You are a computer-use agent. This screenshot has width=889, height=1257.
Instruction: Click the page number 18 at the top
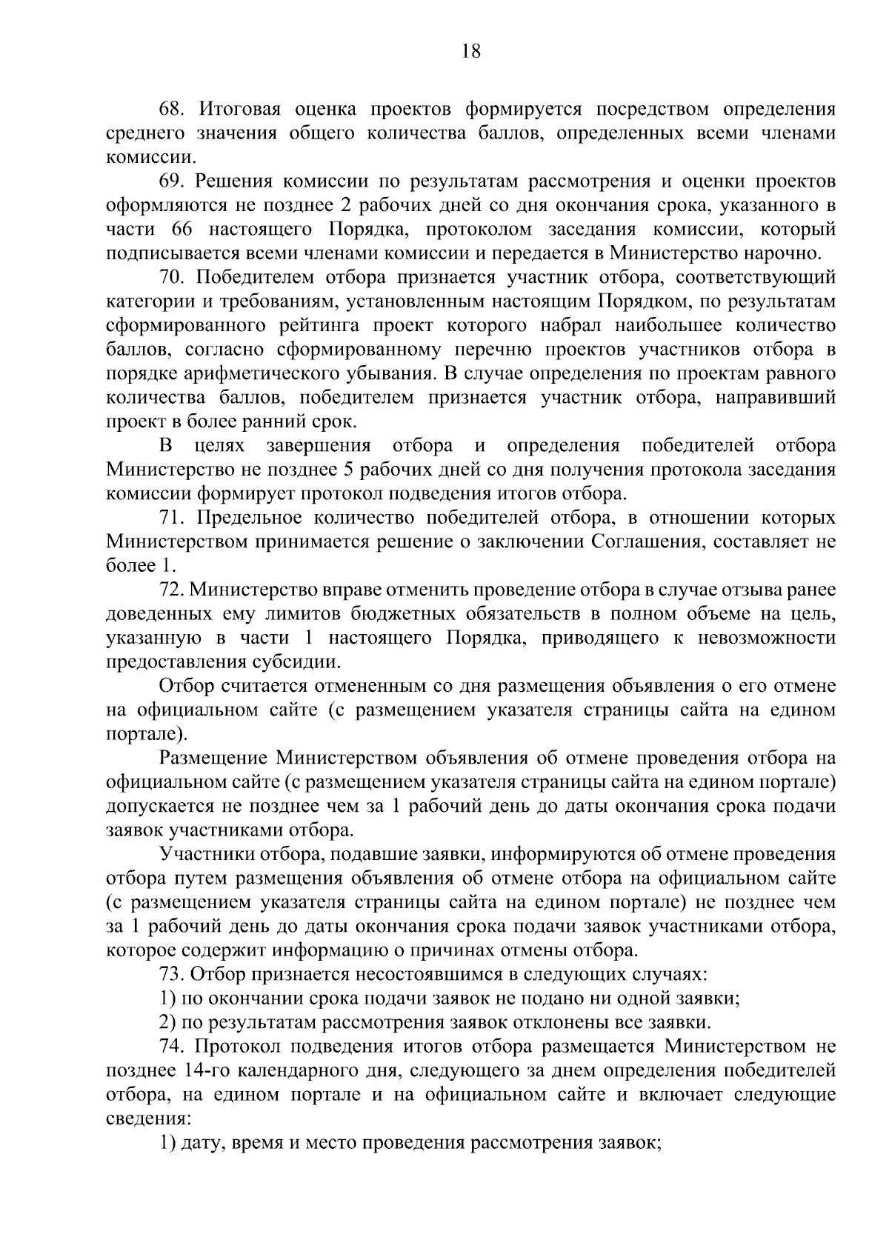pos(471,52)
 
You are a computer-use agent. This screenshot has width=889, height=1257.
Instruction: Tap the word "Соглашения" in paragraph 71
pos(647,541)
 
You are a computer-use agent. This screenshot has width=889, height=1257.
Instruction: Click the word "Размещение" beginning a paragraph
pos(213,758)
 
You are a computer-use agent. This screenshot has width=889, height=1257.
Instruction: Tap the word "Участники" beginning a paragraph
pos(206,854)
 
